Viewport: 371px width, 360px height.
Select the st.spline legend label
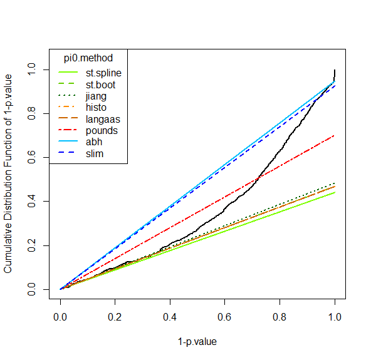pyautogui.click(x=103, y=73)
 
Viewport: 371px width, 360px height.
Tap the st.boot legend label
pyautogui.click(x=100, y=85)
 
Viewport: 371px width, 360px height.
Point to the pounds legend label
pyautogui.click(x=101, y=131)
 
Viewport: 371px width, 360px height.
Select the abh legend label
pyautogui.click(x=94, y=142)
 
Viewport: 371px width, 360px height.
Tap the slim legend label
pyautogui.click(x=95, y=154)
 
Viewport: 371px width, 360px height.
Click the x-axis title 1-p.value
pyautogui.click(x=197, y=342)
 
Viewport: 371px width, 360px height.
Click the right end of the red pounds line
pyautogui.click(x=335, y=135)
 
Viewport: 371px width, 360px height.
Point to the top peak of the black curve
pyautogui.click(x=335, y=69)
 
